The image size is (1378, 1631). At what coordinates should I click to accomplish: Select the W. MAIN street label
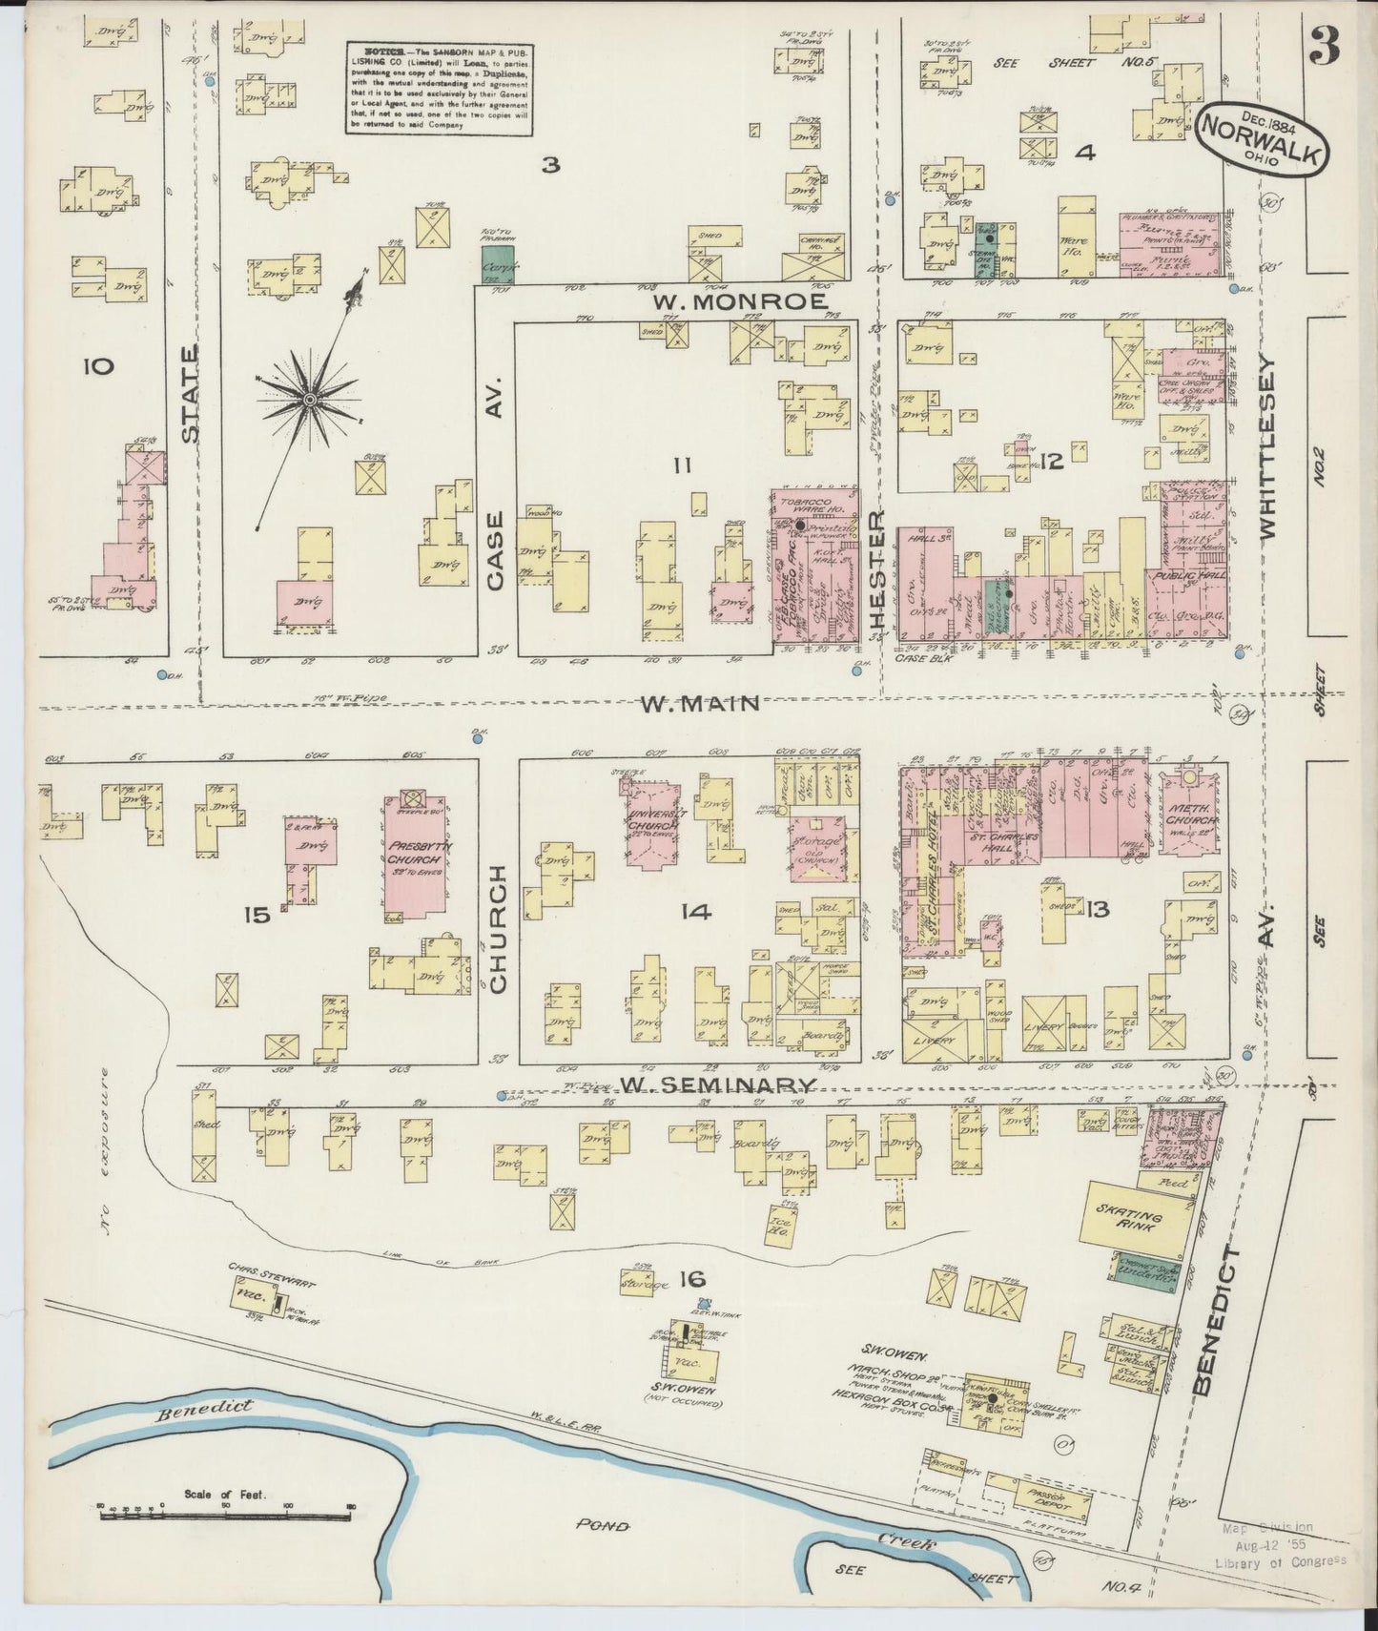pos(700,704)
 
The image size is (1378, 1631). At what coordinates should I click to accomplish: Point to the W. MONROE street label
pos(739,301)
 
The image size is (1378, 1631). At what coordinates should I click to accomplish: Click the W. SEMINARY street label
pos(718,1085)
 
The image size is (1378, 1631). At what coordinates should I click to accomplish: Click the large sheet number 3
pos(1325,45)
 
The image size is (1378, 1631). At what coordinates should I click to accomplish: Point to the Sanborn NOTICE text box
pos(439,88)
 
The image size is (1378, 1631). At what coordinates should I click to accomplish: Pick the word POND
pos(603,1526)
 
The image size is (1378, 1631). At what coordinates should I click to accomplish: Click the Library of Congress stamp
pos(1281,1544)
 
